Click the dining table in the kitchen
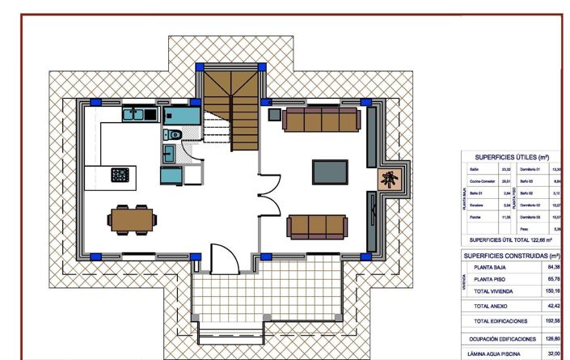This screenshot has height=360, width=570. pos(131,217)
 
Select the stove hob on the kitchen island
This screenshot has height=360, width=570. pos(120,174)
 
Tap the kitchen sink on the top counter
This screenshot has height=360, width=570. pos(133,115)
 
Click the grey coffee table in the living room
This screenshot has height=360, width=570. pos(330,172)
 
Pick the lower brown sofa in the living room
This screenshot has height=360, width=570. pos(318,225)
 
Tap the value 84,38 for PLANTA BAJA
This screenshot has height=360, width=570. pos(553,267)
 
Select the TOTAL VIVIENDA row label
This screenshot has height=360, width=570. pos(496,290)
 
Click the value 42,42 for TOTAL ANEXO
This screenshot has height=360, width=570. pos(553,307)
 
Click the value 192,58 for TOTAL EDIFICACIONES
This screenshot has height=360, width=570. pos(552,321)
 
